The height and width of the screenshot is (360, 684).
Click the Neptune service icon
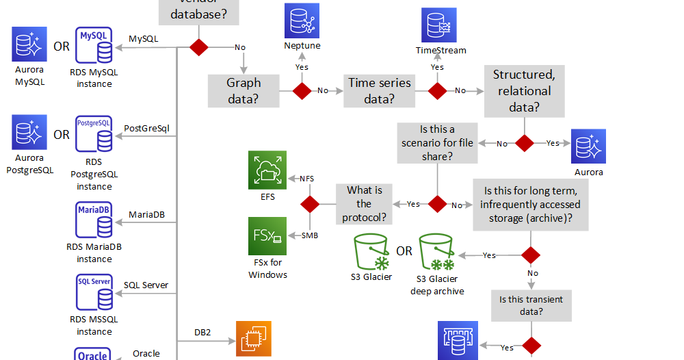coord(302,21)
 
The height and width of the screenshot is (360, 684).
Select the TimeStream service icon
coord(438,25)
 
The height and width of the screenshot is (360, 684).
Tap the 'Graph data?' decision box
coord(244,91)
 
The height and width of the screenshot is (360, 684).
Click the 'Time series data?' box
coord(380,91)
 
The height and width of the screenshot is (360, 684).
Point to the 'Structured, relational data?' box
coord(525,90)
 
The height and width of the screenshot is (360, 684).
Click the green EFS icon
coord(267,170)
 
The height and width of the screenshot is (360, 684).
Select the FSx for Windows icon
coord(267,236)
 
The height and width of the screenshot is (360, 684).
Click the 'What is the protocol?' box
coord(364,204)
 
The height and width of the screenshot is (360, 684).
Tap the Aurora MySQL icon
coord(29,44)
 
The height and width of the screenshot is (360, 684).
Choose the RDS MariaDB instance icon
coord(94,220)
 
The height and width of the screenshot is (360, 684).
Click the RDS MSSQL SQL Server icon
coord(94,293)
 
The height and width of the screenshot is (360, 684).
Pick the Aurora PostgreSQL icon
coord(29,132)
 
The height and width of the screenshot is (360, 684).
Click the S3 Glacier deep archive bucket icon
coord(437,253)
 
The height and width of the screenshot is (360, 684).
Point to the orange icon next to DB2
coord(254,339)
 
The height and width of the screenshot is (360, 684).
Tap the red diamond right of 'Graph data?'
coord(302,91)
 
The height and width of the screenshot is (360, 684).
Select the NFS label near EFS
coord(306,179)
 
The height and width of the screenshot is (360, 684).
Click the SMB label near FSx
coord(309,235)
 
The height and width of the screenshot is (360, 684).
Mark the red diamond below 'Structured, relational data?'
coord(525,143)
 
